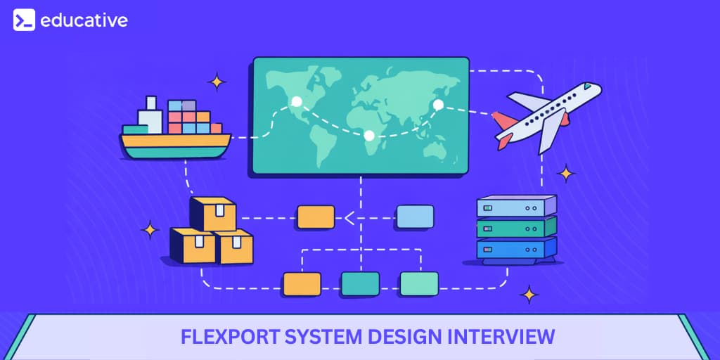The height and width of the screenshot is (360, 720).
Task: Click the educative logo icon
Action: [24, 20]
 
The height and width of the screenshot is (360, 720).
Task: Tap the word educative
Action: [84, 20]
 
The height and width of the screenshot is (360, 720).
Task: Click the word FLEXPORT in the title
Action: [221, 337]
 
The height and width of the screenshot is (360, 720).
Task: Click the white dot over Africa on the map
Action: [369, 135]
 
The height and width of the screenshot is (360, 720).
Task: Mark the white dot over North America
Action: [297, 102]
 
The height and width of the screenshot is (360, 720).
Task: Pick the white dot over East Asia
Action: [438, 105]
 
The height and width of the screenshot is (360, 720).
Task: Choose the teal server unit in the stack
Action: [516, 227]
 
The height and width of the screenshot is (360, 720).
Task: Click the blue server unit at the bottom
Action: [516, 248]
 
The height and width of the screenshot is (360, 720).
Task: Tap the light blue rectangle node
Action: [415, 217]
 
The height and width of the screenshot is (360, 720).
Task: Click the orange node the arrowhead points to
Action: [316, 217]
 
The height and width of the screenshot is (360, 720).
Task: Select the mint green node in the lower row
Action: [419, 283]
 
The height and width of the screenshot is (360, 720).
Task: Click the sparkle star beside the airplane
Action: [565, 173]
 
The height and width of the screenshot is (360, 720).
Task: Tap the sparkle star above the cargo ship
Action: [217, 82]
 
